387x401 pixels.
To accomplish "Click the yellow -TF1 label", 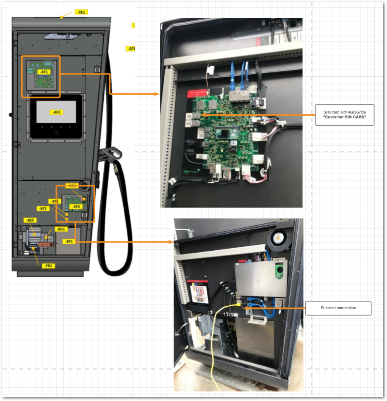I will coord(81,12).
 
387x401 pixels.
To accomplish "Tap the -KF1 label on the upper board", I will coord(44,72).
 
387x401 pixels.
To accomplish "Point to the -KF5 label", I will coord(75,206).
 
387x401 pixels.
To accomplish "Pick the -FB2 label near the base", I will coord(49,266).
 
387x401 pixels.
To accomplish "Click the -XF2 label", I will coord(43,209).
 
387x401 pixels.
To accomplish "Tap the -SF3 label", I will coord(131,49).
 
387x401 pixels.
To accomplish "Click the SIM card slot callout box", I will coord(346,114).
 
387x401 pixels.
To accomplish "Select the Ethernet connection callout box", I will coord(338,308).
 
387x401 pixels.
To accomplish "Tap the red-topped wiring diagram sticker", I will coord(201,292).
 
